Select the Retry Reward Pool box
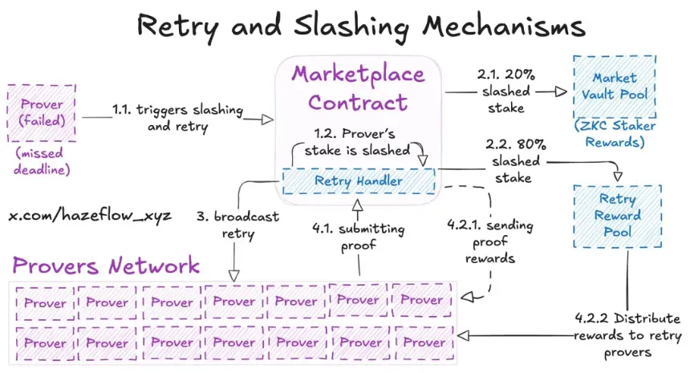618,215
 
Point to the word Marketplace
358,74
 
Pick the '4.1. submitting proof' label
359,237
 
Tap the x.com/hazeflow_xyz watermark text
90,216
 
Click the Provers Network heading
105,266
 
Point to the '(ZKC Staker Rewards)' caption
615,133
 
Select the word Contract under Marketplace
358,102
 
